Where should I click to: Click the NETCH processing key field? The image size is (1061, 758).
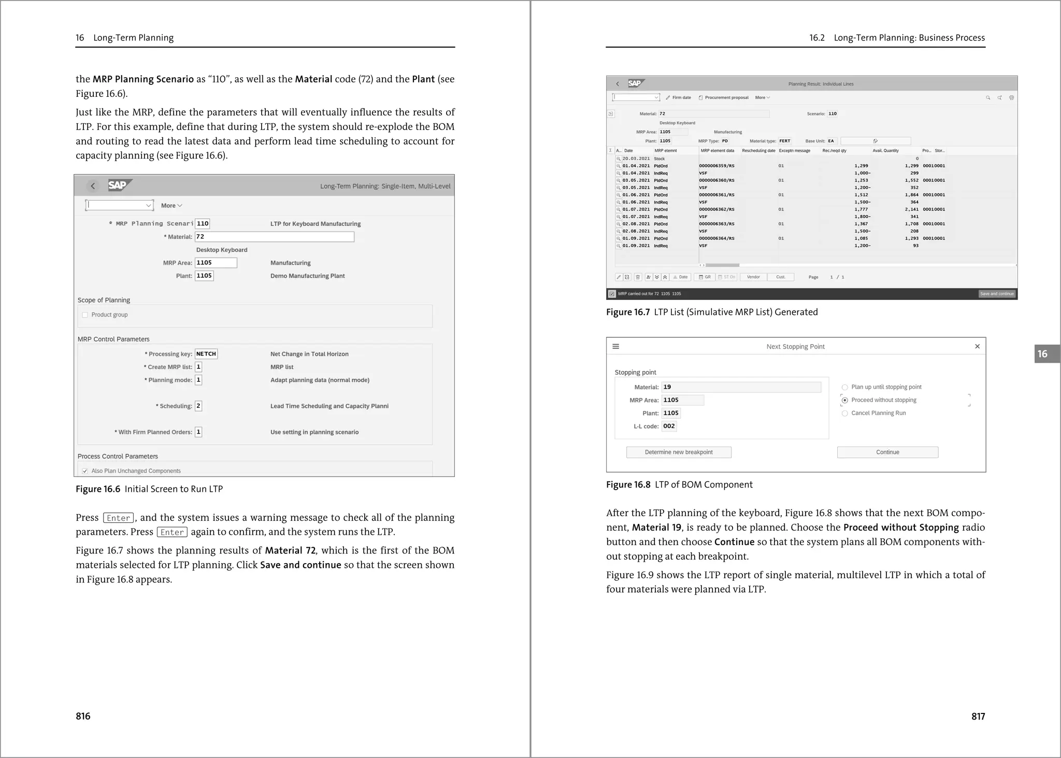(206, 354)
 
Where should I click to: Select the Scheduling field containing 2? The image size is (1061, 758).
(198, 406)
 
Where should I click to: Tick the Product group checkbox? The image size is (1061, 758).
(85, 315)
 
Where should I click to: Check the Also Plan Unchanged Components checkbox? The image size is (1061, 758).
(85, 471)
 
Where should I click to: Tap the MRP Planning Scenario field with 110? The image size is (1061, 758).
(203, 224)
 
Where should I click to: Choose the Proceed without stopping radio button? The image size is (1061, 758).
(845, 401)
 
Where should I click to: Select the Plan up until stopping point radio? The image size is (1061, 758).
(845, 388)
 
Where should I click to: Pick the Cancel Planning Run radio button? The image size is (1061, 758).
(845, 413)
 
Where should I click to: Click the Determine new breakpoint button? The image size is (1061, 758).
(679, 452)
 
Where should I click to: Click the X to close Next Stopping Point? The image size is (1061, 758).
(977, 347)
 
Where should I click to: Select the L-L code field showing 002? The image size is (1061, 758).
(669, 426)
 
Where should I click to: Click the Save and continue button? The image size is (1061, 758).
(997, 294)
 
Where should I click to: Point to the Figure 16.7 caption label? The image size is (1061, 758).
(627, 312)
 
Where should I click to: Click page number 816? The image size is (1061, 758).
(83, 716)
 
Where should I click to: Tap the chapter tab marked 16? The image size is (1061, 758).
(1043, 354)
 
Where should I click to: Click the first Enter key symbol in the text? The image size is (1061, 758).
(119, 518)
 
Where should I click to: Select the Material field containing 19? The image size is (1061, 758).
(741, 387)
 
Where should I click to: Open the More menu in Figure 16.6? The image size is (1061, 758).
(171, 206)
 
